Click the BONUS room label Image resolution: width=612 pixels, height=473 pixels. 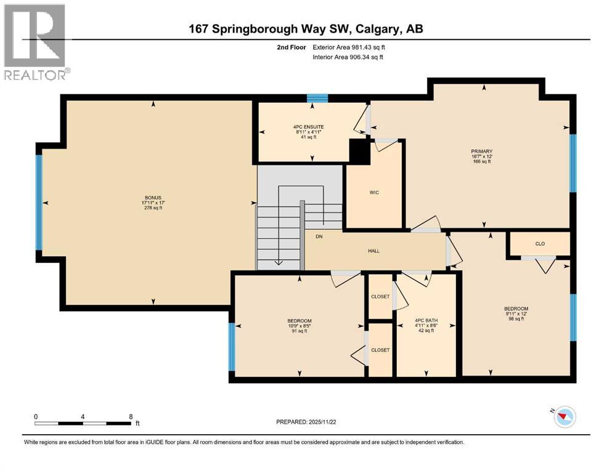point(151,198)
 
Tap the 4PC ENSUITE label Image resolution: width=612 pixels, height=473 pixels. point(309,127)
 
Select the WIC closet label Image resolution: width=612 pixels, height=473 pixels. point(373,193)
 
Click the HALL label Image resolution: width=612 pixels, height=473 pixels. point(373,251)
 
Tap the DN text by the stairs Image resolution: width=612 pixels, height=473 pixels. point(319,236)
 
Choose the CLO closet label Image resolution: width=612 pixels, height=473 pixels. point(539,243)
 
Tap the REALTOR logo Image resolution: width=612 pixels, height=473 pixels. point(36,43)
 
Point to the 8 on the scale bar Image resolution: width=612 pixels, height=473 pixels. point(131,416)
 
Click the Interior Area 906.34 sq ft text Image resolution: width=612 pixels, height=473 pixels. point(347,57)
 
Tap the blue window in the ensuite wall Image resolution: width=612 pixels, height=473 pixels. point(317,98)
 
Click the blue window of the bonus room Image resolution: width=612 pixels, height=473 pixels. point(39,202)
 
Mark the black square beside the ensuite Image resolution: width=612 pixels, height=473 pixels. point(359,152)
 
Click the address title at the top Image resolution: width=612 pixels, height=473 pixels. point(306,29)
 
